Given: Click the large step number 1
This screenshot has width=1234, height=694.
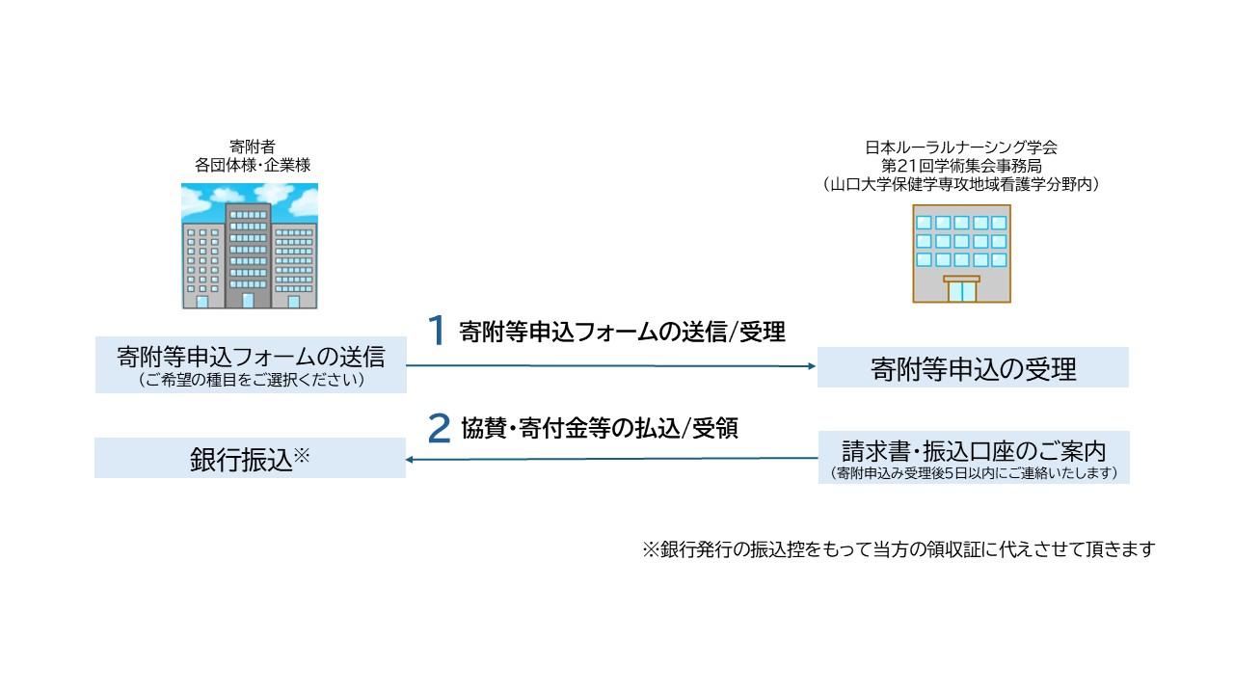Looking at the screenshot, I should (x=437, y=331).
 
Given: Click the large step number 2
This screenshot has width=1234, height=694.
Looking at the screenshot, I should (x=439, y=429).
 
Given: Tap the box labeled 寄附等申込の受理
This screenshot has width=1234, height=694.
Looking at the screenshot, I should (x=973, y=368).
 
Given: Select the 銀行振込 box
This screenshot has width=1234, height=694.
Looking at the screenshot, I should (x=250, y=459).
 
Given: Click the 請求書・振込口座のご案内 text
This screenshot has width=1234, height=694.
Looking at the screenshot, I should (x=973, y=450).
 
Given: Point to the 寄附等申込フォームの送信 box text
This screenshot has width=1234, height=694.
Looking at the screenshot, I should (x=251, y=357).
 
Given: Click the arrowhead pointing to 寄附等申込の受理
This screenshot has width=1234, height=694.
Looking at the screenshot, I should (x=810, y=366).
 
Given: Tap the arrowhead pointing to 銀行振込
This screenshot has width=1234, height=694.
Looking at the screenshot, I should (x=411, y=460).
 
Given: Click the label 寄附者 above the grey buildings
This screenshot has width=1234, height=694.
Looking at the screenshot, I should (x=253, y=147).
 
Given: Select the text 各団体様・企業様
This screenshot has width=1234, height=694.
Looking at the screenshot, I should (x=253, y=165).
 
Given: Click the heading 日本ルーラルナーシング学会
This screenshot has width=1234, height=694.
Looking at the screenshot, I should (x=961, y=147).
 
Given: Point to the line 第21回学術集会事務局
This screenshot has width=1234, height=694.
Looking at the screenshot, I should (x=961, y=165).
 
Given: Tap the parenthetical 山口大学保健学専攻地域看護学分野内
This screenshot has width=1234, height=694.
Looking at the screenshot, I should (x=961, y=183).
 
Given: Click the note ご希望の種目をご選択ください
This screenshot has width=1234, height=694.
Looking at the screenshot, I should (x=251, y=380).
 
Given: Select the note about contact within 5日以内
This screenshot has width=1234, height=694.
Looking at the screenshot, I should (x=973, y=472).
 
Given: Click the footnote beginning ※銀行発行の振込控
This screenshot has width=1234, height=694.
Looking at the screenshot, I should (x=898, y=549).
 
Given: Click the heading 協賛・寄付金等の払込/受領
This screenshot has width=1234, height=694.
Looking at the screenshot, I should (x=599, y=429).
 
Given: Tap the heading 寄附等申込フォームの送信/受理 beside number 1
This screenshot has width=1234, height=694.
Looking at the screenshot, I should (x=622, y=332).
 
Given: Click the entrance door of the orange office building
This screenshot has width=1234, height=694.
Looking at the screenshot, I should (x=961, y=290).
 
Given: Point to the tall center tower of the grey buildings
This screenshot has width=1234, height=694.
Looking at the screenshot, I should (x=248, y=255).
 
